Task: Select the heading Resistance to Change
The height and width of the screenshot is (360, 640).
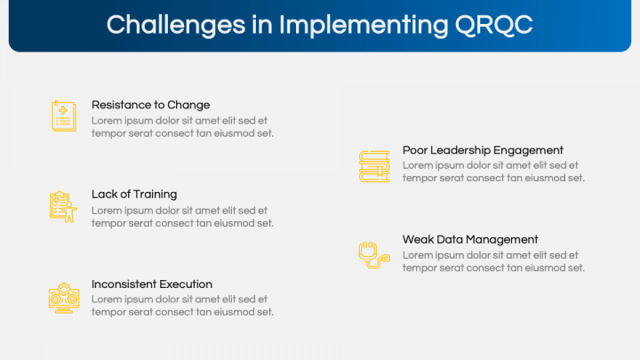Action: coord(150,105)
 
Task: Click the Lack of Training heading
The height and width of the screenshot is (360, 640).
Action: coord(134,194)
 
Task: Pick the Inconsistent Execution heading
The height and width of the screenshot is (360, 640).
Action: coord(152,284)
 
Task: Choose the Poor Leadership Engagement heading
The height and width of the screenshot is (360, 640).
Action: coord(483,150)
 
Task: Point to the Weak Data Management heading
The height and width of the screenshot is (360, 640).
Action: coord(470,239)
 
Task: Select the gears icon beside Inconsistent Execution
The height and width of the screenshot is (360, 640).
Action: coord(63,297)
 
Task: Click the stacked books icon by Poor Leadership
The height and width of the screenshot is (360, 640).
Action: coord(374,166)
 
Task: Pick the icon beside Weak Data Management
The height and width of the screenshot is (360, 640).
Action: coord(372,254)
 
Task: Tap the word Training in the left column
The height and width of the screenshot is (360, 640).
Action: coord(156,194)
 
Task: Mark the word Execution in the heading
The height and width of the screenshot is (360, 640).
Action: coord(186,284)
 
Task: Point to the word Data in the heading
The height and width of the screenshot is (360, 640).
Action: coord(450,239)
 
